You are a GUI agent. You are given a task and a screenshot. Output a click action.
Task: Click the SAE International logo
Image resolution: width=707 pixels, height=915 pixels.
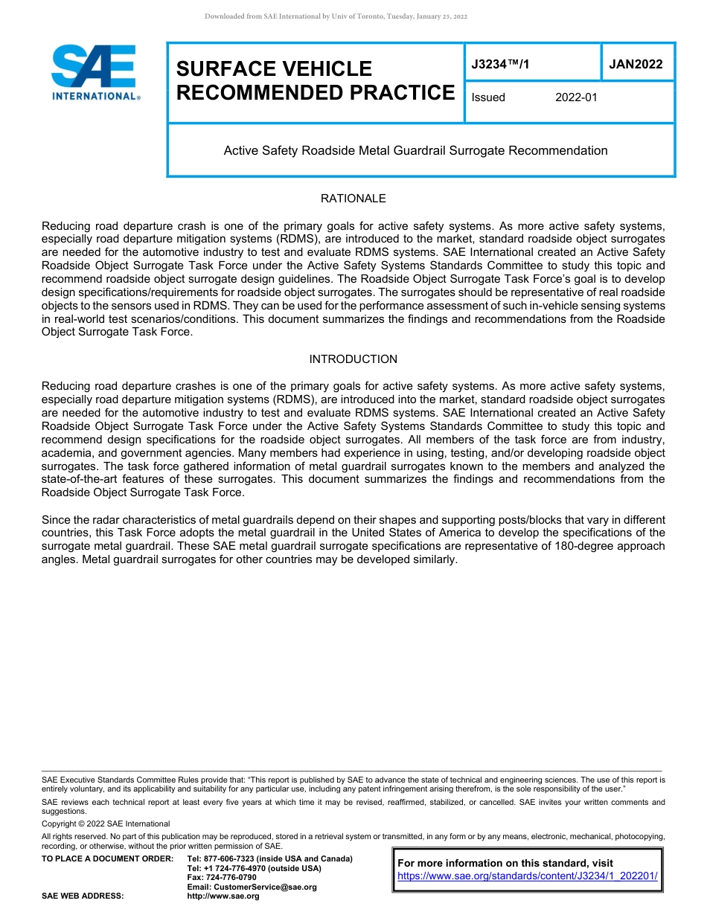coord(95,73)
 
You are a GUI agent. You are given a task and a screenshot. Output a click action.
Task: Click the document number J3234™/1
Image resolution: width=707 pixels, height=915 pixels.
coord(500,65)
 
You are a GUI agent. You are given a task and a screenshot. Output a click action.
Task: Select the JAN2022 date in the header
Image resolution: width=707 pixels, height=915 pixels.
coord(636,65)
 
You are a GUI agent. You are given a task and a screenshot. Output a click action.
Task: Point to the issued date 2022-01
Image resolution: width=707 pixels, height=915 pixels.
coord(576,97)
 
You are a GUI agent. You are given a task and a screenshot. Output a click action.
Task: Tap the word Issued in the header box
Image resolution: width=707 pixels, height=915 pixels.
coord(488,97)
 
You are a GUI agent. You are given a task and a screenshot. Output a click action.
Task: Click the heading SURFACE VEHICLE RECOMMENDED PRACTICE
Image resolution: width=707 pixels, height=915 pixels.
coord(315,80)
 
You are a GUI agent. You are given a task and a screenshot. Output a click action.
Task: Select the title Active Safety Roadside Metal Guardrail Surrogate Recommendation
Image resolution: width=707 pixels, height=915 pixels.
coord(415,151)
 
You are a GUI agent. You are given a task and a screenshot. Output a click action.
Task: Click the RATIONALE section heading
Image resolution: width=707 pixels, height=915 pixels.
coord(353,199)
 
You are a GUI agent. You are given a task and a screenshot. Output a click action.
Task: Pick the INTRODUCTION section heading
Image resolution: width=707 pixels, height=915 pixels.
coord(353,359)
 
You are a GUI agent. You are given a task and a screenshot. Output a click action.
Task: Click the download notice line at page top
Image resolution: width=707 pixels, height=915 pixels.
coord(336,16)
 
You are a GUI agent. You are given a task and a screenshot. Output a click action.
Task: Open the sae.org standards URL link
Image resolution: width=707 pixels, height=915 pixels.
coord(528,876)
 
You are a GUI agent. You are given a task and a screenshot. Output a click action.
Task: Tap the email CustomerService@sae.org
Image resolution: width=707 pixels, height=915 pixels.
coord(252,887)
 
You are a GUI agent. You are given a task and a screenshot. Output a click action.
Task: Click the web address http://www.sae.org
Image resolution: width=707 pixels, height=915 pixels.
coord(223,896)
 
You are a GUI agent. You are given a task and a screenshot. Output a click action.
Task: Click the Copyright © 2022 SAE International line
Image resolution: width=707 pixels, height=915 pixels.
coord(106,823)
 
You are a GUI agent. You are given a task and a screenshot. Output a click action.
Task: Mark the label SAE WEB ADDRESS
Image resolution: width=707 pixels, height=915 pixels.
coord(83,896)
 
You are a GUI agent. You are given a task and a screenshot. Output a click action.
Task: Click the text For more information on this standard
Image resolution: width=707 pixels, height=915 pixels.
coord(505,864)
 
